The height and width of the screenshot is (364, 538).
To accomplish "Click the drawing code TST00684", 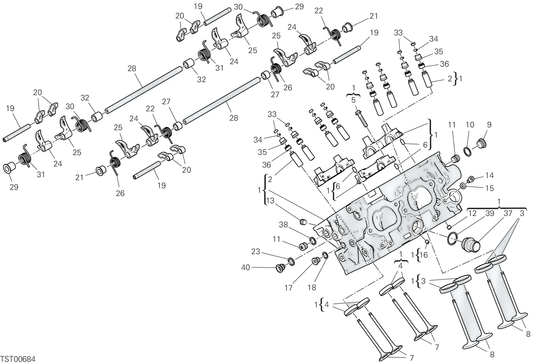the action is click(x=18, y=359).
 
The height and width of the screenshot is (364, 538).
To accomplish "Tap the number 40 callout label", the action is click(x=245, y=267).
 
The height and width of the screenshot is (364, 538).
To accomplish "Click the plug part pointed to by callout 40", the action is click(x=280, y=268).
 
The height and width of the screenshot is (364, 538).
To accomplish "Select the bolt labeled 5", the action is click(x=361, y=119).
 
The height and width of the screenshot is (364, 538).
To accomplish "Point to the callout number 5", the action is click(x=353, y=100).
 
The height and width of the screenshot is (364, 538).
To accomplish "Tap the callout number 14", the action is click(x=490, y=175).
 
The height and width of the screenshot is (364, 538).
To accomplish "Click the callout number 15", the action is click(x=490, y=188).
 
